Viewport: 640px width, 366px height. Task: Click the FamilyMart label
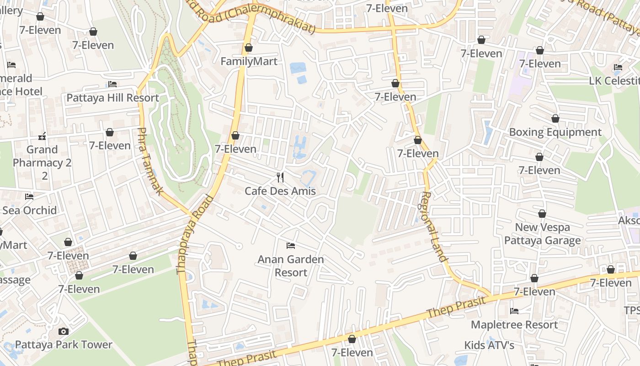pos(249,61)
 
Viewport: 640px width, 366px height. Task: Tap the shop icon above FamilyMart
pos(249,48)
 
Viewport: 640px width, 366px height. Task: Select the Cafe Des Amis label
pos(280,191)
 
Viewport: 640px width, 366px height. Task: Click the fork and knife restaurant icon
pos(280,178)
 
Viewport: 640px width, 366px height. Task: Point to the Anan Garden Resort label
pos(291,266)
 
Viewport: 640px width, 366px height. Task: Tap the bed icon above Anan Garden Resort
pos(290,246)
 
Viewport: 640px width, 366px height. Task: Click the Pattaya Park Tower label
pos(64,344)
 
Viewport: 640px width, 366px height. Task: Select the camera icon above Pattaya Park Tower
pos(64,331)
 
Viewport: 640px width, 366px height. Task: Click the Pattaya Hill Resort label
pos(112,97)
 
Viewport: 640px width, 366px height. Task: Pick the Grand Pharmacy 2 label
pos(42,156)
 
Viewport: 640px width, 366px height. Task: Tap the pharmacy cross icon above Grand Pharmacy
pos(42,136)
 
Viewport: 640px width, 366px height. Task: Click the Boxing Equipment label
pos(555,132)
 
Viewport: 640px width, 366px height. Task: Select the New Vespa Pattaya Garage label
pos(542,234)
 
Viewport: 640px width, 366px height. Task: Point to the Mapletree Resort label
pos(514,324)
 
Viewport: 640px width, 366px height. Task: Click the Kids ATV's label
pos(489,345)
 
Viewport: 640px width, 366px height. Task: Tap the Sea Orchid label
pos(30,210)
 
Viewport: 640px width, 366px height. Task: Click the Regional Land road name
pos(432,226)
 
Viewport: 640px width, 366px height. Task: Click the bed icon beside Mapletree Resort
pos(514,311)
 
